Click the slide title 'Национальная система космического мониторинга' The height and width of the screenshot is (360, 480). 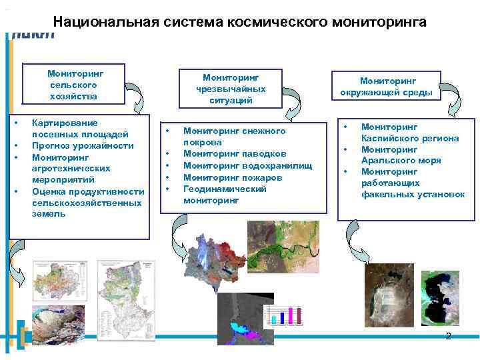click(x=240, y=22)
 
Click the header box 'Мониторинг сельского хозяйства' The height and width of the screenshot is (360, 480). click(x=73, y=85)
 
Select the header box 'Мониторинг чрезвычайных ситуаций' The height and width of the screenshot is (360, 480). click(x=231, y=88)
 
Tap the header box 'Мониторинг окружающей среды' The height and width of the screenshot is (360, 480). click(x=387, y=86)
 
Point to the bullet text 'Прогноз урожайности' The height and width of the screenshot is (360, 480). click(x=83, y=145)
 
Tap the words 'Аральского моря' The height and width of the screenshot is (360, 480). click(x=401, y=161)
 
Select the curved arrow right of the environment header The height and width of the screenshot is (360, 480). click(x=456, y=101)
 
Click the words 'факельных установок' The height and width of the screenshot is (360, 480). click(x=413, y=195)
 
